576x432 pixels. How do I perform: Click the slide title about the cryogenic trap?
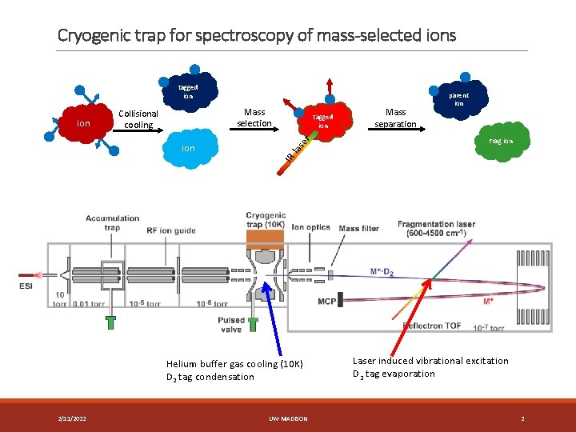click(256, 35)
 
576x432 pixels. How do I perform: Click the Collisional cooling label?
click(138, 119)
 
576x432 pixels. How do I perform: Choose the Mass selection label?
click(254, 118)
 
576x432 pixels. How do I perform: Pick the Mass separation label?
click(395, 118)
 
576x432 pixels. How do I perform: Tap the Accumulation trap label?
click(112, 222)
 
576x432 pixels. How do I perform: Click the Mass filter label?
click(359, 229)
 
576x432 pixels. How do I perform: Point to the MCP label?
click(326, 301)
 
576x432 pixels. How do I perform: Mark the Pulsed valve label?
click(231, 324)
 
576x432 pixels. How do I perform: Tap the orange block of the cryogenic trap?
click(265, 238)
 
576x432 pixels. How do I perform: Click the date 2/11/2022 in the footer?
click(73, 418)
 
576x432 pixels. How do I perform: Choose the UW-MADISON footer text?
click(287, 418)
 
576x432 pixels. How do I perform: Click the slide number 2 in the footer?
click(522, 418)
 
